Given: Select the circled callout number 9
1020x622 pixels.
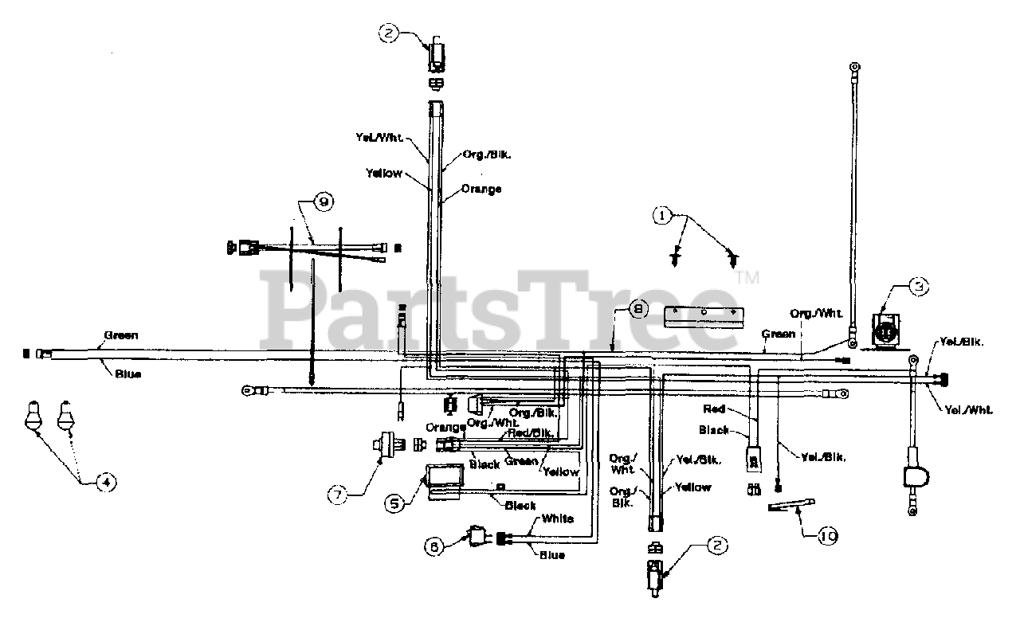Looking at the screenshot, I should (324, 202).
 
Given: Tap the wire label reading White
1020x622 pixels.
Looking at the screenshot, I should (558, 518).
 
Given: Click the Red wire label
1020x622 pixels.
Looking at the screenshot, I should (714, 409).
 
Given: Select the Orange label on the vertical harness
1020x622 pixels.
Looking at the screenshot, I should (483, 190).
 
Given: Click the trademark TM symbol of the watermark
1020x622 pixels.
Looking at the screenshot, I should (747, 278).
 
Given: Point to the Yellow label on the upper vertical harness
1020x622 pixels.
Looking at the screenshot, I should (384, 173).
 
